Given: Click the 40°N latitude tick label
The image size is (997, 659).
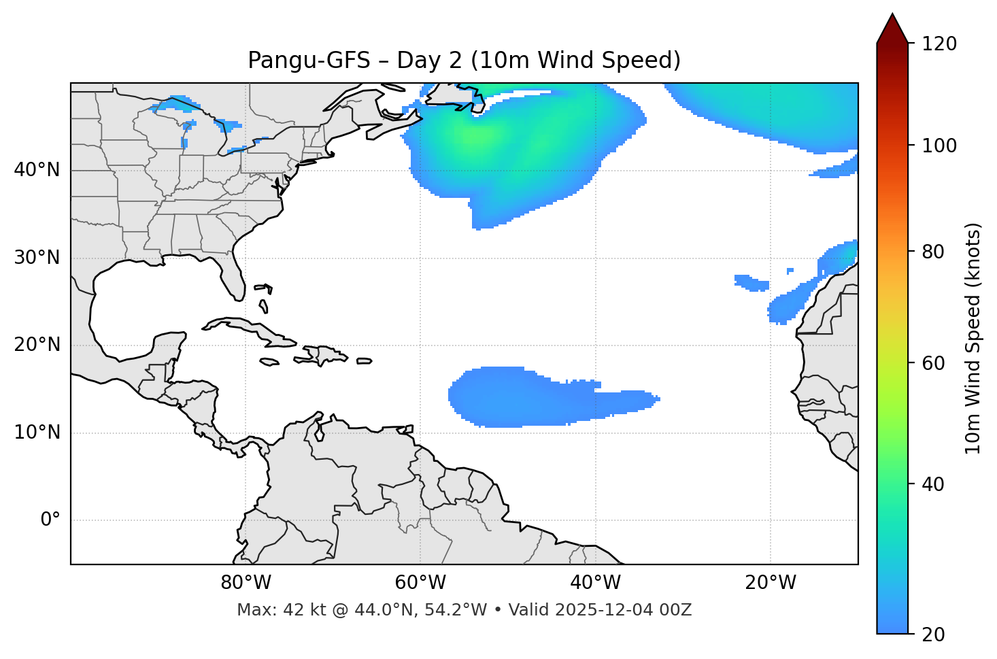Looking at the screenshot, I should (x=37, y=170).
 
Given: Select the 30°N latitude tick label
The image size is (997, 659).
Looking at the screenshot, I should (x=37, y=258).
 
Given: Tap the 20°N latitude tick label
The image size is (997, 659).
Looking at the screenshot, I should (x=37, y=345).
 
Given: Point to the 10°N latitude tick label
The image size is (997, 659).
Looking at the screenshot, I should (x=37, y=433).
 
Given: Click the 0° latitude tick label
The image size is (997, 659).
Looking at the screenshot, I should (x=50, y=520).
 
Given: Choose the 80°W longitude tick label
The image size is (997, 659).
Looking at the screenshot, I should (x=246, y=583).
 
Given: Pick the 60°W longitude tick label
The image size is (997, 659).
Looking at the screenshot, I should (x=420, y=583).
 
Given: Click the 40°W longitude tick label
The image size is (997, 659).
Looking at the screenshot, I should (x=595, y=583).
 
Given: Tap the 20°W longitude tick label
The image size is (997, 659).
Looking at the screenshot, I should (x=771, y=583).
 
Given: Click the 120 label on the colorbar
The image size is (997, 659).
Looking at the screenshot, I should (x=939, y=44).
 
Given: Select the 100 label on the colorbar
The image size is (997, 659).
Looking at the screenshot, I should (x=939, y=146).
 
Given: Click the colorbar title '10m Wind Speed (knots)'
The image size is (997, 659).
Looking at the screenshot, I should (x=973, y=339).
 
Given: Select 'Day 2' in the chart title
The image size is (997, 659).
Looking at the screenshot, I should (x=426, y=61).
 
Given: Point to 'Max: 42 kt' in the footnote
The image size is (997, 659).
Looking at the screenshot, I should (x=270, y=610).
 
